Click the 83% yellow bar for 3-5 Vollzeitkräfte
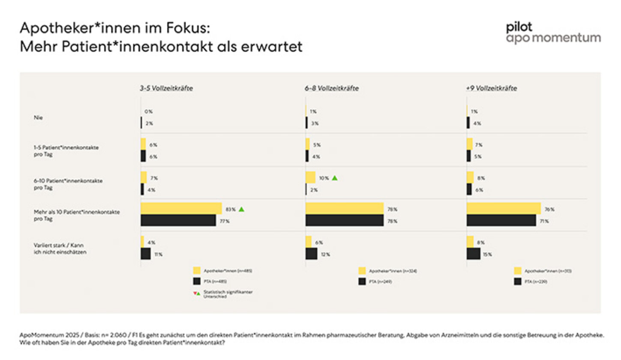click(x=181, y=208)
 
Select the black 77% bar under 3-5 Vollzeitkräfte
click(x=178, y=220)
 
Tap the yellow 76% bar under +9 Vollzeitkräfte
click(x=503, y=208)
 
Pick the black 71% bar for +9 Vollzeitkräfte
click(x=501, y=220)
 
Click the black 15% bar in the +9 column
click(x=473, y=254)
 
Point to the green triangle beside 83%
click(x=241, y=209)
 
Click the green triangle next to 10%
click(x=335, y=177)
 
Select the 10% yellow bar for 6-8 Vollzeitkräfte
click(x=310, y=177)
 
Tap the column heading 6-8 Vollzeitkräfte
click(x=332, y=88)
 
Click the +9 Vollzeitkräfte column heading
click(x=491, y=88)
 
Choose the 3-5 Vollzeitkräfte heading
click(x=165, y=88)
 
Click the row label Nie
click(x=38, y=117)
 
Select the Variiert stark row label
click(x=58, y=245)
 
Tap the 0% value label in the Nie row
click(x=148, y=111)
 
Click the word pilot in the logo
click(x=519, y=27)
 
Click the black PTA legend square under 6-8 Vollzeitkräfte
click(x=362, y=282)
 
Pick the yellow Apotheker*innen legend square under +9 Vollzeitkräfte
click(x=518, y=270)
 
